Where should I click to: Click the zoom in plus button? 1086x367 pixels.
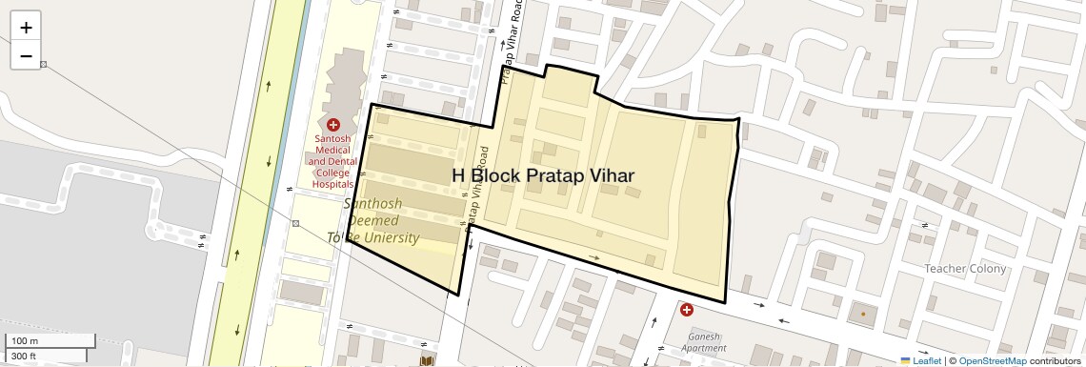[x=26, y=28]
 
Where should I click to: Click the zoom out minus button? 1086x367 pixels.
[x=26, y=56]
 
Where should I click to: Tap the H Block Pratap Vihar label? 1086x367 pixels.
[x=542, y=175]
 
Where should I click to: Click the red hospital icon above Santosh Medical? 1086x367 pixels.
[x=333, y=125]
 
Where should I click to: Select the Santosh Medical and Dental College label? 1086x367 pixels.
[x=333, y=161]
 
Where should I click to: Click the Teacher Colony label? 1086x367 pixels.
[x=965, y=269]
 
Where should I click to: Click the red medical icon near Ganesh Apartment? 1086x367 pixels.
[x=687, y=309]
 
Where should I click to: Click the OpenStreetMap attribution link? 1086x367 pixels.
[x=993, y=360]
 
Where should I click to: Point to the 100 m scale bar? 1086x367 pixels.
[x=48, y=340]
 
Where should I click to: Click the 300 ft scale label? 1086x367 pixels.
[x=24, y=357]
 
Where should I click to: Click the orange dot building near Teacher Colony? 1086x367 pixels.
[x=863, y=313]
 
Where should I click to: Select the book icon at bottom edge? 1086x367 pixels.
[x=428, y=361]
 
